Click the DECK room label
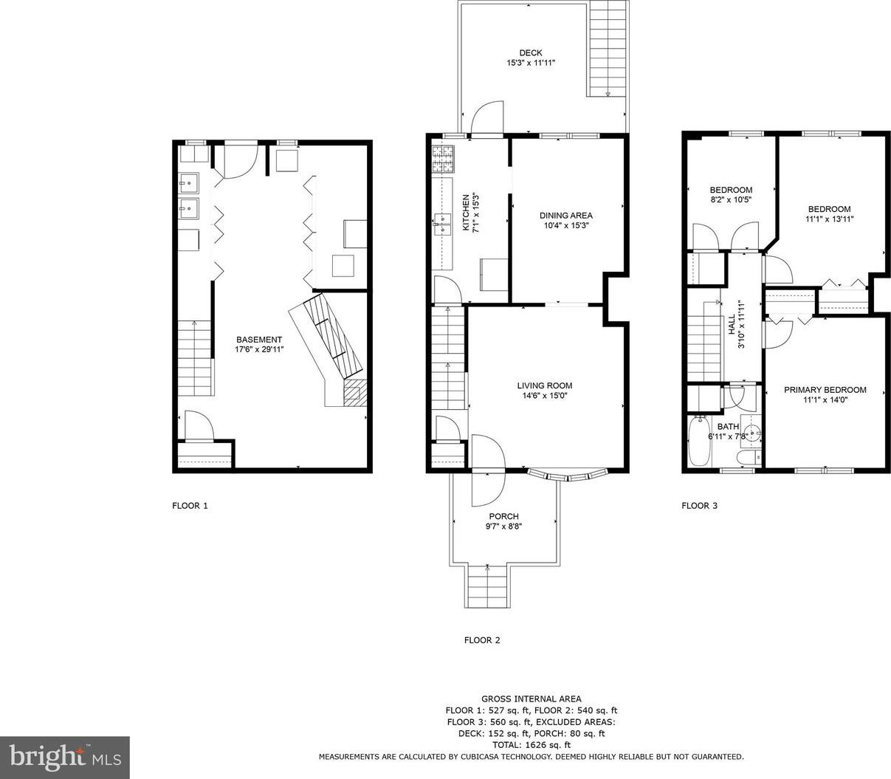pos(531,53)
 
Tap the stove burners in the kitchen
pos(442,159)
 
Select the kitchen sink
pos(442,224)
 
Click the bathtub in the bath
pos(700,441)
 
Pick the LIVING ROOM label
pos(544,385)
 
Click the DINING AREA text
pos(565,216)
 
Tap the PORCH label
pos(504,516)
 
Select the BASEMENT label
pos(259,340)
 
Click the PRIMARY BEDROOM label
pos(825,390)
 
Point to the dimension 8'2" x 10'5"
pos(731,200)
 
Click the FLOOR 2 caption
pos(482,640)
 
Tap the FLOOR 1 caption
pos(190,506)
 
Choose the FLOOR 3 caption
pos(699,506)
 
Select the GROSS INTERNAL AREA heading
pos(531,699)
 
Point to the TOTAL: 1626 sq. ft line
pos(531,745)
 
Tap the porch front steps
pos(487,586)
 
